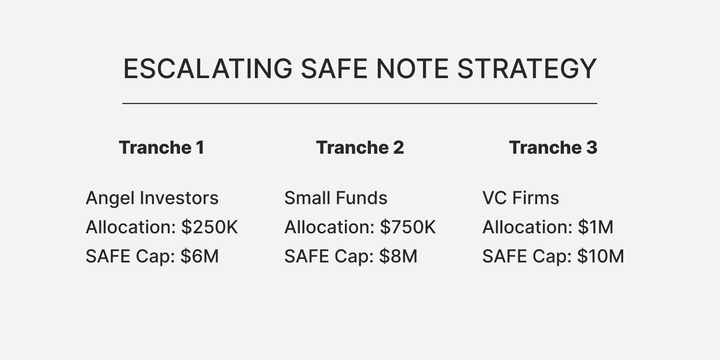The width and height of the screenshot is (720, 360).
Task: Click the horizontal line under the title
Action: coord(360,103)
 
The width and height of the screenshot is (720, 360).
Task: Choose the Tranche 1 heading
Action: coord(161,148)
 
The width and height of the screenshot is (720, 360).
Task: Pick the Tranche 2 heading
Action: coord(360,148)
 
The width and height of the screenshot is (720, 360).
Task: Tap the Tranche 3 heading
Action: coord(553,148)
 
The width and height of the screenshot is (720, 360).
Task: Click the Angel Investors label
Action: coord(152,198)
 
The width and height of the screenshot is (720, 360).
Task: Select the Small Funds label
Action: coord(336,198)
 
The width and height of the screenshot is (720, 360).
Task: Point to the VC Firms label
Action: coord(521,198)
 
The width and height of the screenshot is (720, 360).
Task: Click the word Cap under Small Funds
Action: coord(350,256)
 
